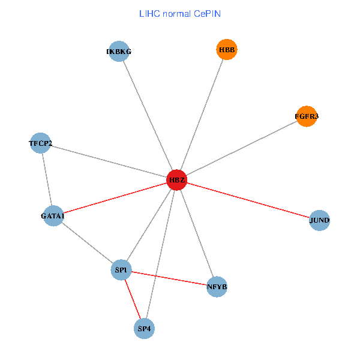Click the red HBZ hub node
coord(176,180)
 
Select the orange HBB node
coord(227,50)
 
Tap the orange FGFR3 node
coord(307,116)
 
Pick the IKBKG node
coord(119,52)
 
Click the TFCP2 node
coord(40,143)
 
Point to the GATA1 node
coord(53,215)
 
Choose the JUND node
coord(319,220)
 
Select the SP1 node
coord(121,271)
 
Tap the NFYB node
coord(217,287)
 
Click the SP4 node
coord(145,328)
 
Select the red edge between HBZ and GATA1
coord(115,198)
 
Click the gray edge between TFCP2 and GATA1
coord(47,179)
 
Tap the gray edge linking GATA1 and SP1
coord(87,243)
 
